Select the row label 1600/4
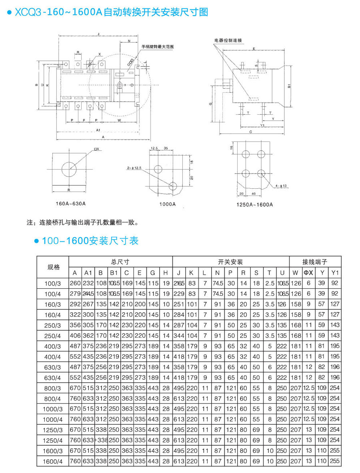point(53,461)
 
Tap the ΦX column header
point(308,273)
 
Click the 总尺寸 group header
point(120,262)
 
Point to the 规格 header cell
point(53,267)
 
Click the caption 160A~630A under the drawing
point(71,204)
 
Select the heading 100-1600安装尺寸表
point(90,241)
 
